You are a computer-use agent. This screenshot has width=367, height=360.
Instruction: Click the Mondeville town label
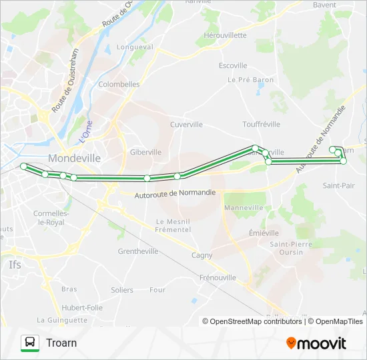(x=75, y=159)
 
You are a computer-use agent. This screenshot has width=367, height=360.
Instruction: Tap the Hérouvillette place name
(x=225, y=35)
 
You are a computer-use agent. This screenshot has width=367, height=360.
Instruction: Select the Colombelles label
(x=119, y=85)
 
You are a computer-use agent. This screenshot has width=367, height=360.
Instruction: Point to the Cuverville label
(x=186, y=125)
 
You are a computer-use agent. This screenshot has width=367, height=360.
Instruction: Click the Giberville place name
(x=145, y=152)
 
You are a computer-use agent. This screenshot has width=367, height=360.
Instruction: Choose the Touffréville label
(x=261, y=125)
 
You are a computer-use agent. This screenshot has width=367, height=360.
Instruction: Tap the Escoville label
(x=234, y=66)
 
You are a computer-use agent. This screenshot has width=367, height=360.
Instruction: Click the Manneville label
(x=244, y=208)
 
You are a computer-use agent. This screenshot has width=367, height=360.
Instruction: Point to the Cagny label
(x=202, y=255)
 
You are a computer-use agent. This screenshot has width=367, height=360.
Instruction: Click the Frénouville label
(x=218, y=277)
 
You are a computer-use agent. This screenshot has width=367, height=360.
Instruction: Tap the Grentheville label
(x=138, y=251)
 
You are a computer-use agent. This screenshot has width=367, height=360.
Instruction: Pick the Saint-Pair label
(x=339, y=185)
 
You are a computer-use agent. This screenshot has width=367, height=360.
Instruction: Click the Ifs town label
(x=15, y=265)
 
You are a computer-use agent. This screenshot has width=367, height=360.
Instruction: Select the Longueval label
(x=135, y=47)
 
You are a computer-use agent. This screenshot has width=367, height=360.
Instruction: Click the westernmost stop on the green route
(x=24, y=165)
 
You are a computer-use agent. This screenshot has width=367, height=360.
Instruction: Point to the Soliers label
(x=122, y=290)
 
